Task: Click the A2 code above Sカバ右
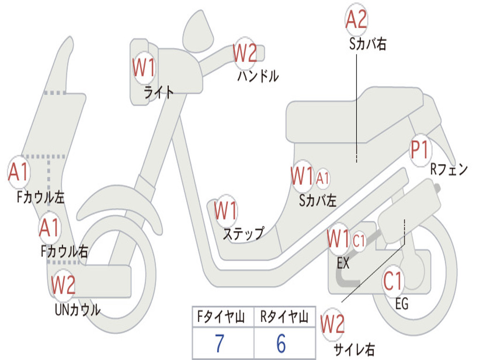click(356, 20)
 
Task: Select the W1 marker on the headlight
click(143, 68)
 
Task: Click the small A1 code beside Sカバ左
click(323, 178)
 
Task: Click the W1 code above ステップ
click(225, 211)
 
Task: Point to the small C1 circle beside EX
click(359, 241)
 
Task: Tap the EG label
click(402, 304)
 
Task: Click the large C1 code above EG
click(393, 281)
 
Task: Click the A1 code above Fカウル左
click(19, 172)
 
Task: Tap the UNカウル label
click(78, 310)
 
